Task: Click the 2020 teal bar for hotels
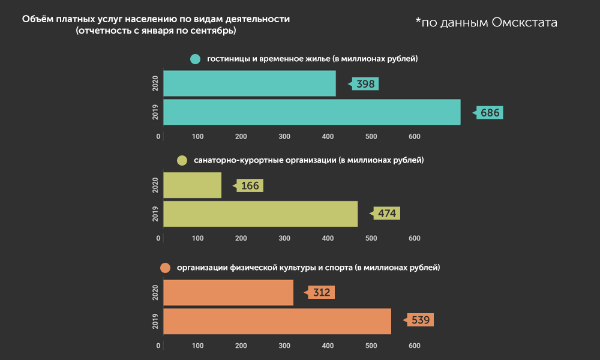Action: [249, 83]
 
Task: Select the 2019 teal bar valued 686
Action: [311, 112]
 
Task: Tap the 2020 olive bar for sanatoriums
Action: [192, 185]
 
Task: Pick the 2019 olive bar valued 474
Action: [260, 214]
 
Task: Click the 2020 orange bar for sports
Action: [228, 293]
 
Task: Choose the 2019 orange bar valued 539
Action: [277, 321]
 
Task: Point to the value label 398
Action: [365, 84]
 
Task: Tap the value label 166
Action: [250, 185]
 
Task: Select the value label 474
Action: [387, 214]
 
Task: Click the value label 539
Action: [420, 320]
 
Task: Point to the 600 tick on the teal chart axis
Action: [414, 137]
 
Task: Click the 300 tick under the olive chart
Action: [284, 238]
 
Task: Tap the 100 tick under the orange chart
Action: [198, 346]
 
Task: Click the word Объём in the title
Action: [38, 19]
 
